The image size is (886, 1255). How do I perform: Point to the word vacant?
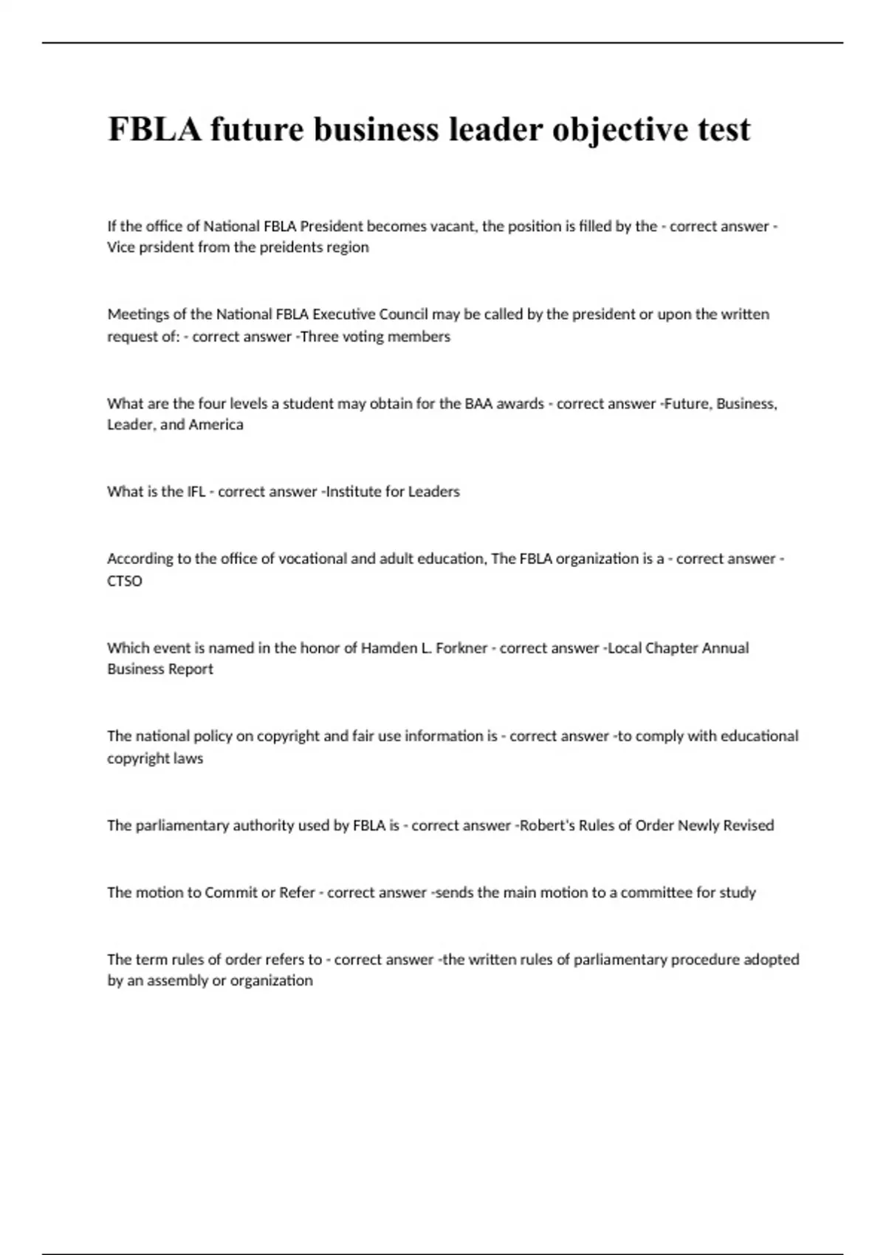pos(453,226)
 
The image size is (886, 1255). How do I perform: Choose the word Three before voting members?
pos(320,337)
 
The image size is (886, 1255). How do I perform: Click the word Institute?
pos(353,492)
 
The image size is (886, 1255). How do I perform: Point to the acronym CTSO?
pos(125,581)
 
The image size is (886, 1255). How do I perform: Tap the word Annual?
pos(725,648)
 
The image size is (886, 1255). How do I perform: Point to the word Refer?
pos(297,893)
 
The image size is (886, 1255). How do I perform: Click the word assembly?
pos(176,980)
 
